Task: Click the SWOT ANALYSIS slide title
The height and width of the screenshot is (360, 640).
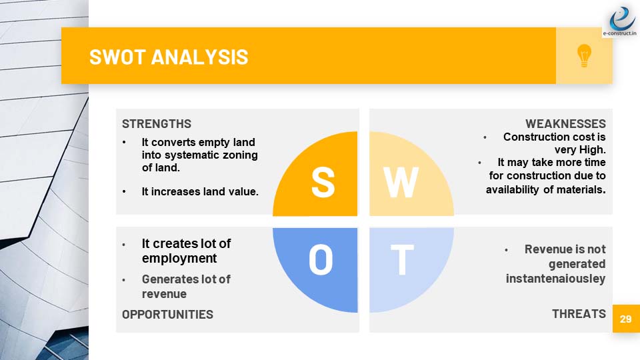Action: [169, 57]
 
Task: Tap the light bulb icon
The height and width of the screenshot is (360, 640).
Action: [584, 55]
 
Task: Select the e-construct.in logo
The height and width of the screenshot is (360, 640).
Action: [620, 21]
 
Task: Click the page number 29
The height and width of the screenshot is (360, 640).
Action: [626, 319]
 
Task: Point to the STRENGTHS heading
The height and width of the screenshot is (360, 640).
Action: [156, 124]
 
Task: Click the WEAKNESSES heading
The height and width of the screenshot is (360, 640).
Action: [565, 124]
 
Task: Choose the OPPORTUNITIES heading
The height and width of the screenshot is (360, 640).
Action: [167, 314]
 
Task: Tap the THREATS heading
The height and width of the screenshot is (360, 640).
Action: [579, 313]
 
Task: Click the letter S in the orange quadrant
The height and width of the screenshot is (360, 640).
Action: [323, 183]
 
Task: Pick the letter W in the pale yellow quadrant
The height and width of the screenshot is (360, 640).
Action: [401, 183]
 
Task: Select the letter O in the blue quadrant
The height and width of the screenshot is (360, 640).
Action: [321, 259]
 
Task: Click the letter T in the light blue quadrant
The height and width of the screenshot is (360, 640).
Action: [402, 259]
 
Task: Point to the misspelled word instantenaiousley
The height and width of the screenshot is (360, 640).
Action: [555, 279]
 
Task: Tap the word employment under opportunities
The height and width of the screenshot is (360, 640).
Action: [179, 259]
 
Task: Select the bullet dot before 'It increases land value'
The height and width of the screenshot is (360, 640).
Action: [124, 191]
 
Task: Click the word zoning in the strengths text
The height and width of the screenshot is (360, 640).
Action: [240, 155]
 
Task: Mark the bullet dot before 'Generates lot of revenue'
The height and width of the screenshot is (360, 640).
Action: [124, 279]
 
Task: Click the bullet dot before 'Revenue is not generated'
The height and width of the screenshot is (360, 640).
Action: [506, 249]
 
